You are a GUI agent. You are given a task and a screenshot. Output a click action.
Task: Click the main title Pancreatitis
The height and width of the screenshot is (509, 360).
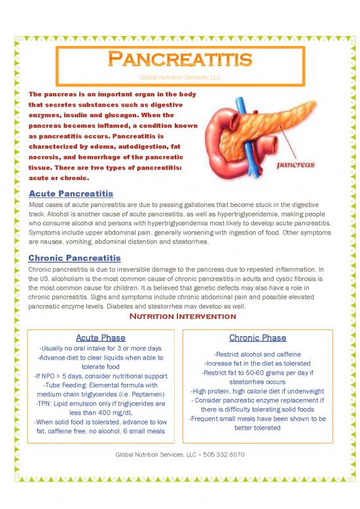tap(179, 60)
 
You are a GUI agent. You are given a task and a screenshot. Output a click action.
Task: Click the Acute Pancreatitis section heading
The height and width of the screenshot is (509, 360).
tap(71, 194)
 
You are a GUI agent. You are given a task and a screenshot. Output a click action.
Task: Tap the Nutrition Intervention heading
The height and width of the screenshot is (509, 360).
tap(180, 316)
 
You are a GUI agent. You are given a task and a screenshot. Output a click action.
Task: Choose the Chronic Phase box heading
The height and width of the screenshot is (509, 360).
tap(257, 337)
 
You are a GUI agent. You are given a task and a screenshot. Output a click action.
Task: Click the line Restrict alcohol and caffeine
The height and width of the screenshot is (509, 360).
tap(257, 354)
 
